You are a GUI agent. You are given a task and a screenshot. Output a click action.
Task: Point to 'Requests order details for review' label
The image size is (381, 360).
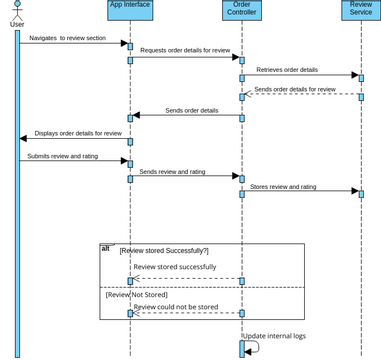pyautogui.click(x=185, y=49)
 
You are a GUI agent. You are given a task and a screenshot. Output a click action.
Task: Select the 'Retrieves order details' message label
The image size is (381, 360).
pyautogui.click(x=287, y=70)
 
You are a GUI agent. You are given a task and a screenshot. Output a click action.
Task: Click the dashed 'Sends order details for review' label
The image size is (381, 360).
pyautogui.click(x=295, y=89)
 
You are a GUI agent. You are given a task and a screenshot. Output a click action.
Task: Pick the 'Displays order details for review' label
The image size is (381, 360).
pyautogui.click(x=78, y=132)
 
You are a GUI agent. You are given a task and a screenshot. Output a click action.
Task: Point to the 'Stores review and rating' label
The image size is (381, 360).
pyautogui.click(x=283, y=186)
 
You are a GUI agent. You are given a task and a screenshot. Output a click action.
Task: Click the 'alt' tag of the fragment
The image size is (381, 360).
pyautogui.click(x=106, y=248)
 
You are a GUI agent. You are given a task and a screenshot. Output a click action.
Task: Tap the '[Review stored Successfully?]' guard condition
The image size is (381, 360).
pyautogui.click(x=164, y=250)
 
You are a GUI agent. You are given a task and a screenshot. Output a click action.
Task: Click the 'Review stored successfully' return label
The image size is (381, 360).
pyautogui.click(x=175, y=267)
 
